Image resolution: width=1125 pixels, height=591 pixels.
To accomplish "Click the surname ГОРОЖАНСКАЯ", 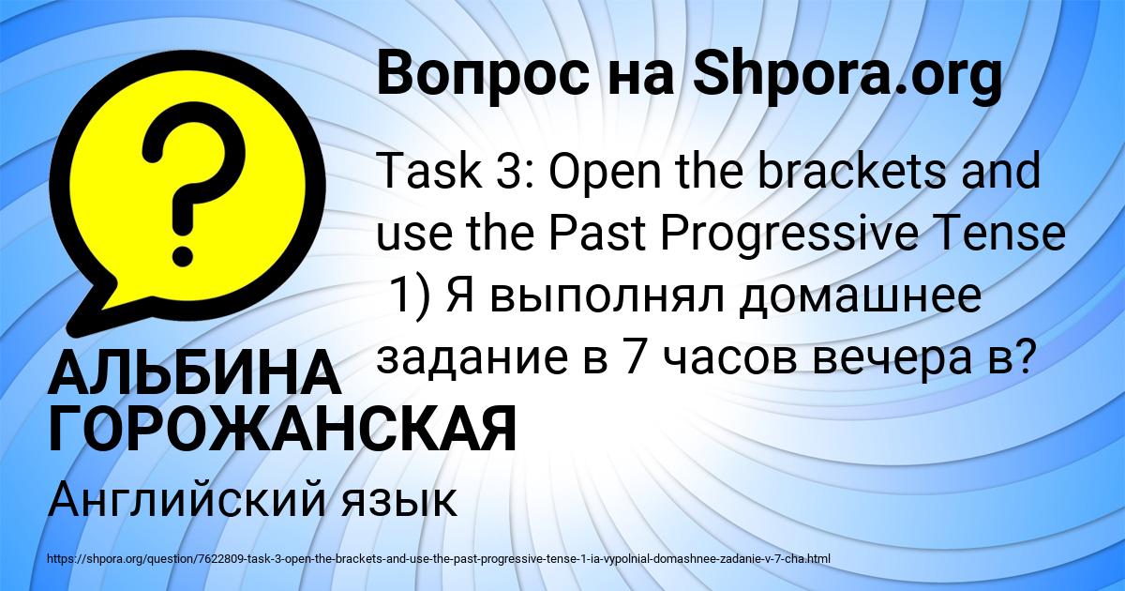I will tap(282, 429).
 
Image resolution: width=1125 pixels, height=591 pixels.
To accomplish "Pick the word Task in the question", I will tap(422, 174).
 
